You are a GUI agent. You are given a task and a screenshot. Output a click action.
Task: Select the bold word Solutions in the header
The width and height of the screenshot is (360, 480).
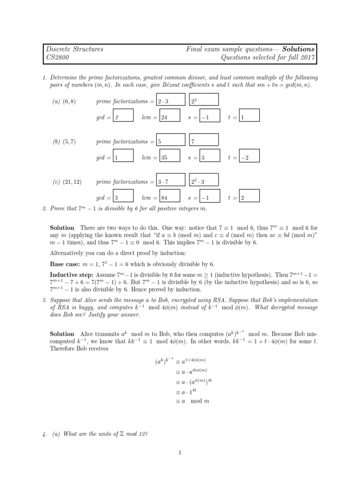click(x=300, y=49)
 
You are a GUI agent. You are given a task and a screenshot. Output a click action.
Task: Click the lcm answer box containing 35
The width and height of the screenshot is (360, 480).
click(x=173, y=158)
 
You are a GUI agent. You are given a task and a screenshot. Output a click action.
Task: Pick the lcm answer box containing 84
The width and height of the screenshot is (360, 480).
click(x=173, y=198)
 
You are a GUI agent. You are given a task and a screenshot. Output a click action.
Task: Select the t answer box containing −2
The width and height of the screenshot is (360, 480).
click(x=253, y=158)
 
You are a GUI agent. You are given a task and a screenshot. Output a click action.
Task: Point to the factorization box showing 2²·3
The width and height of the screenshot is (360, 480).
click(x=204, y=181)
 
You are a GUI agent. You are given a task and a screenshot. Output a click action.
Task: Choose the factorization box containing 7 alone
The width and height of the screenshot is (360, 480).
click(x=204, y=141)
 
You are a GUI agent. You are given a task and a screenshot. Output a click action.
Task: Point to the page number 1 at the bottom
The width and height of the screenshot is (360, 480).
click(x=180, y=452)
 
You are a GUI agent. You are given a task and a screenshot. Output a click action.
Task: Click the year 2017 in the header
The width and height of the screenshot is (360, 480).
click(x=307, y=58)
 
